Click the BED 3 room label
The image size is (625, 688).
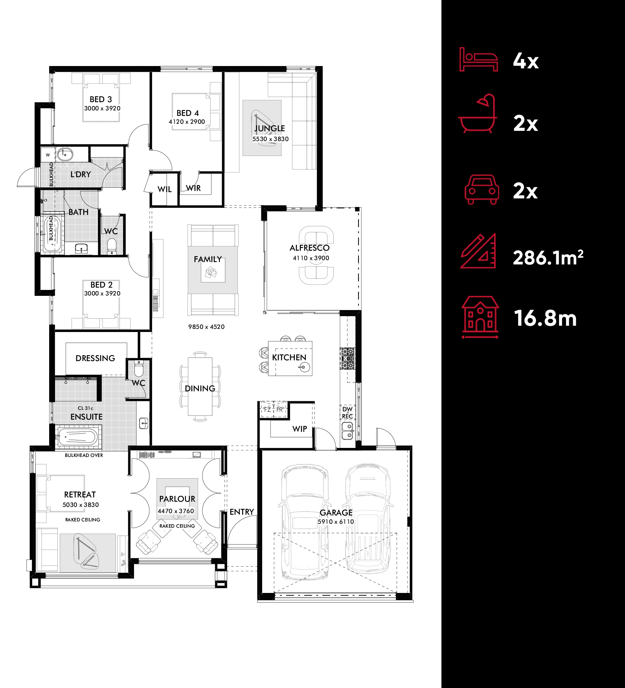(101, 99)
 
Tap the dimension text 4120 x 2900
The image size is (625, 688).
(187, 122)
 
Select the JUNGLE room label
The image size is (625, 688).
(269, 128)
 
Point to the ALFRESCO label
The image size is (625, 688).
(309, 248)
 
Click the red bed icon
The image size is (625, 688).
(478, 60)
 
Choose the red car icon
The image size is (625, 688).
(482, 190)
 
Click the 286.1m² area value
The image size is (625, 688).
(548, 258)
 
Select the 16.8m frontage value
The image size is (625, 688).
(545, 318)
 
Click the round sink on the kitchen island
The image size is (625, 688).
(303, 367)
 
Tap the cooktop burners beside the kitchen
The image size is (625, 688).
(347, 358)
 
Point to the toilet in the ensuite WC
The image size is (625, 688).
(139, 369)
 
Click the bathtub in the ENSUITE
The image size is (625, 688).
(77, 437)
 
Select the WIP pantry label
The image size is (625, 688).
(300, 429)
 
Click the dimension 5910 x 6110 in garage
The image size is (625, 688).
(336, 522)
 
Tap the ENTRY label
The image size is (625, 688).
(242, 512)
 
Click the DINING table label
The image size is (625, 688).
(200, 389)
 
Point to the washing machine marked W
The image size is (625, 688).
(48, 155)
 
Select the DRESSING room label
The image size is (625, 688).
(95, 358)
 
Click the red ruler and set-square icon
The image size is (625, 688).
(478, 251)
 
